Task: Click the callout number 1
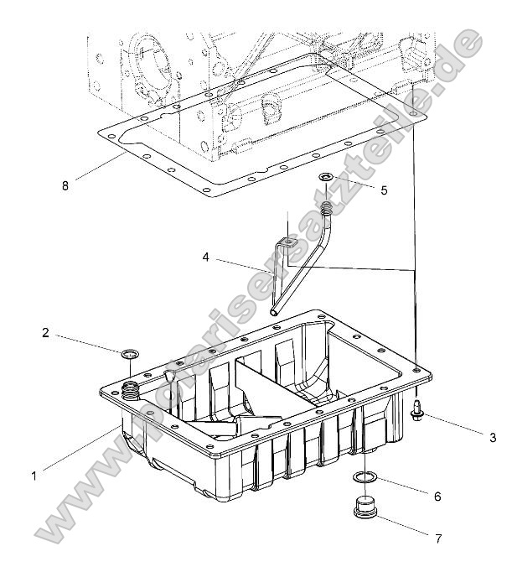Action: [34, 475]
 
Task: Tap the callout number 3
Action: [493, 437]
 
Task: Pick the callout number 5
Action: [384, 190]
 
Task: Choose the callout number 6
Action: [437, 496]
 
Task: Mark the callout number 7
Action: [438, 538]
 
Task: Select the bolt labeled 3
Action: [416, 409]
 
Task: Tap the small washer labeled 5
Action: [325, 178]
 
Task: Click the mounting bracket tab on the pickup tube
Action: [287, 243]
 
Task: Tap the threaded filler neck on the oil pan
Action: [131, 389]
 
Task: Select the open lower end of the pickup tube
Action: [273, 310]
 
